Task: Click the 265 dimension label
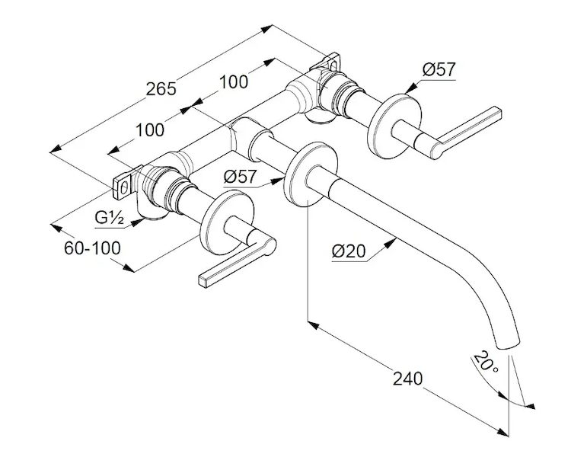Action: (x=161, y=89)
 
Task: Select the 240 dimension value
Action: (x=407, y=379)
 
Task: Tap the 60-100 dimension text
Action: (x=92, y=248)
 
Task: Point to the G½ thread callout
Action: (x=110, y=218)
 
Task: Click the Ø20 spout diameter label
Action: (x=349, y=251)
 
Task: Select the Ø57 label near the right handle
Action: (x=439, y=70)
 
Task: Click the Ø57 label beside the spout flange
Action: (x=241, y=177)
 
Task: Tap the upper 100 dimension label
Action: (x=233, y=81)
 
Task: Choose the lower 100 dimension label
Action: (x=150, y=130)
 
